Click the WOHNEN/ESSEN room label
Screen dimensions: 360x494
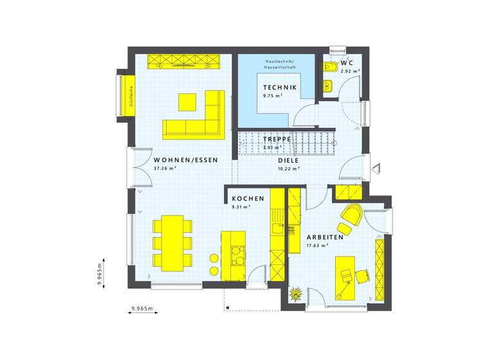(x=186, y=160)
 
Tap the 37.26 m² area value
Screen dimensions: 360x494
(x=165, y=169)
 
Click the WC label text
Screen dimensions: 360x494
(x=346, y=63)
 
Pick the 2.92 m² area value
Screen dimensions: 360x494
(x=350, y=71)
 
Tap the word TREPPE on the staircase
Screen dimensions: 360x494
(x=277, y=139)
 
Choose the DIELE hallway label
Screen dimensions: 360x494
(x=289, y=161)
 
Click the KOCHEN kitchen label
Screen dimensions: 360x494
(x=248, y=199)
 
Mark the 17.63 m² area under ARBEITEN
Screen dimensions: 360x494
(x=317, y=245)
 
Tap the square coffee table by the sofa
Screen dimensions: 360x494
(x=187, y=101)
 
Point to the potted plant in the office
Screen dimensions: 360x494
(x=296, y=294)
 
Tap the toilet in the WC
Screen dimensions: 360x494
(x=331, y=67)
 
